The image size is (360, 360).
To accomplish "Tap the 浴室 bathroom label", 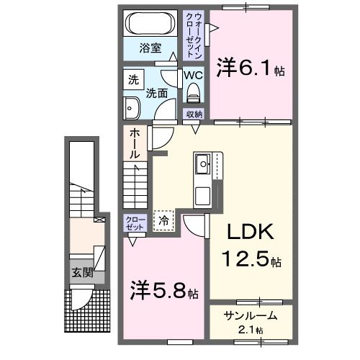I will pos(150,50).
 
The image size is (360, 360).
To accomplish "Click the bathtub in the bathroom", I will pos(151,24).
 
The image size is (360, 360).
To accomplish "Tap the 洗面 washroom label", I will pos(158,93).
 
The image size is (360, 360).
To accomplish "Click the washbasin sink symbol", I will pos(132,109).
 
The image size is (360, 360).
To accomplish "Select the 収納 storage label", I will pos(194,114).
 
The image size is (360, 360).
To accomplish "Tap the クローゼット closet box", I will pos(135,222).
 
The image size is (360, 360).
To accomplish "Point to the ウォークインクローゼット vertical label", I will pos(195,35).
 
